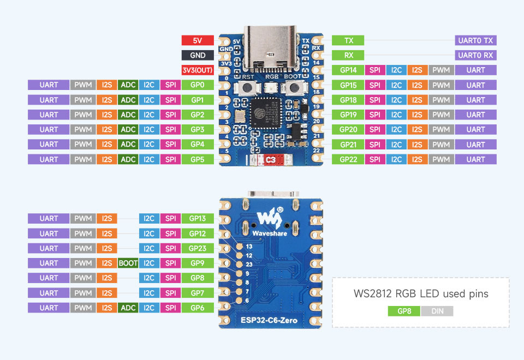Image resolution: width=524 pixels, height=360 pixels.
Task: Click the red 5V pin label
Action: pos(198,40)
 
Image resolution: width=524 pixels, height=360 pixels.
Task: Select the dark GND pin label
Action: pos(198,55)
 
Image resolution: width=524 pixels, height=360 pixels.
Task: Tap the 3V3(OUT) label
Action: pos(198,70)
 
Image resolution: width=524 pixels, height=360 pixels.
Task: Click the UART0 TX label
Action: pos(475,40)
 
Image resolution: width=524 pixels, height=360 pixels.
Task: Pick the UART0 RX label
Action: pos(475,55)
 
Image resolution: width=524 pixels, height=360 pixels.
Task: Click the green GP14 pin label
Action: pos(348,70)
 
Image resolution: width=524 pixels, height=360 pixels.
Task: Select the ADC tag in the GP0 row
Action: pos(128,85)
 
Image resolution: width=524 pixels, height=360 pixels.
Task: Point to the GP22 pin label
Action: pos(348,159)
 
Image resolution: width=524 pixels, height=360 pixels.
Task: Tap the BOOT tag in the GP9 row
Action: pos(128,263)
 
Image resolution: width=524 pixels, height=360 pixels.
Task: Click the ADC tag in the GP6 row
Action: pos(128,308)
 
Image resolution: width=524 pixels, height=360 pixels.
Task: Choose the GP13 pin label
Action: pos(198,218)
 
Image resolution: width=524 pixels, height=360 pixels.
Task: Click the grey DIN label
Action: pos(437,311)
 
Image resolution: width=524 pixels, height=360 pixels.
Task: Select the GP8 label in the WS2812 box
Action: pos(404,311)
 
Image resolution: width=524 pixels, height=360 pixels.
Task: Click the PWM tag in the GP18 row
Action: pos(441,100)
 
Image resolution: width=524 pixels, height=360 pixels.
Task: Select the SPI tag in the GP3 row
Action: pos(171,129)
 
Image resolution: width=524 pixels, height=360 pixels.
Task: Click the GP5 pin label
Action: pos(198,159)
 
